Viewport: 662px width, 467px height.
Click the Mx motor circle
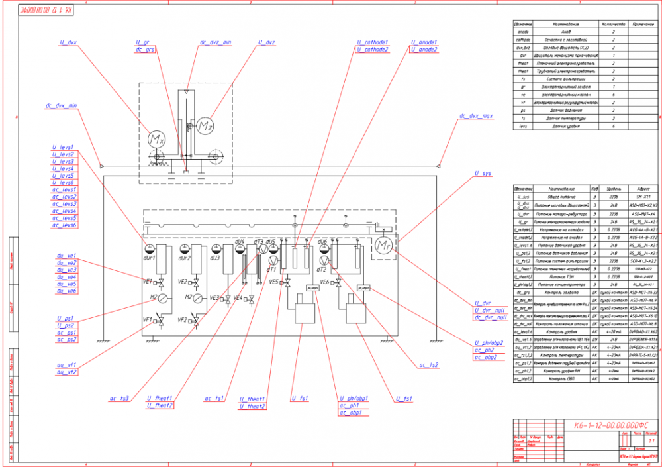point(156,140)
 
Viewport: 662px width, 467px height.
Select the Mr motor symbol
point(383,246)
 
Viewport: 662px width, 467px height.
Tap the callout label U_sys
point(483,173)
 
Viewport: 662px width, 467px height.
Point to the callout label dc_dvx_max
point(476,116)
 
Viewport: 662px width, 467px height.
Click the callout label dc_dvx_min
point(62,105)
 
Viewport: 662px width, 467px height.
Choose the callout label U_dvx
point(68,42)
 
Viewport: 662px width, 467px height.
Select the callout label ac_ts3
point(120,399)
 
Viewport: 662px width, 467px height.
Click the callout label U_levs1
point(62,147)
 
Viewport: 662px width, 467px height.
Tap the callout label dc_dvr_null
point(490,317)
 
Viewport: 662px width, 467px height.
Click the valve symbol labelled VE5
point(289,284)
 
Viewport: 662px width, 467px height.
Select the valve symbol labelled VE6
point(338,284)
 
